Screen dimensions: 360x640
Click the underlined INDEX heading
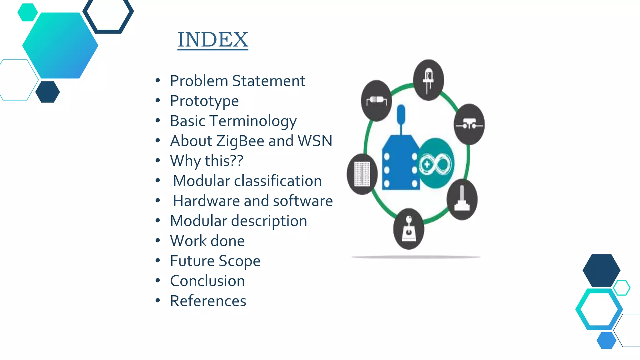coord(213,40)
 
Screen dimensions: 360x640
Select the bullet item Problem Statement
coord(237,81)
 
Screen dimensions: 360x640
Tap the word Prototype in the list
coord(204,101)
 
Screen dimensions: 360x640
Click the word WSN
coord(315,141)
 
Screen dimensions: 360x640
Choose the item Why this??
coord(207,161)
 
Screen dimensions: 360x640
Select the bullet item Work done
coord(207,241)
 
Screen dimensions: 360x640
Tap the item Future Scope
coord(215,261)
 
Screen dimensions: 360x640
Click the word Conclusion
coord(207,281)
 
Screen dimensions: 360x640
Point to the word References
coord(208,301)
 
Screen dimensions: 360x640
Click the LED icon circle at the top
coord(428,80)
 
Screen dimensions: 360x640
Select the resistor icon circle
coord(376,101)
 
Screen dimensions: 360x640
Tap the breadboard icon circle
coord(362,174)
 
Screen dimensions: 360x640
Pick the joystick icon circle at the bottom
coord(408,229)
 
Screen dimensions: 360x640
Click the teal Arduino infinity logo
coord(436,163)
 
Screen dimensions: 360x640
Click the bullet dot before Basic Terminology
coord(158,121)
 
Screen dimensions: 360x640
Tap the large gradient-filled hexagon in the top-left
coord(60,46)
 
